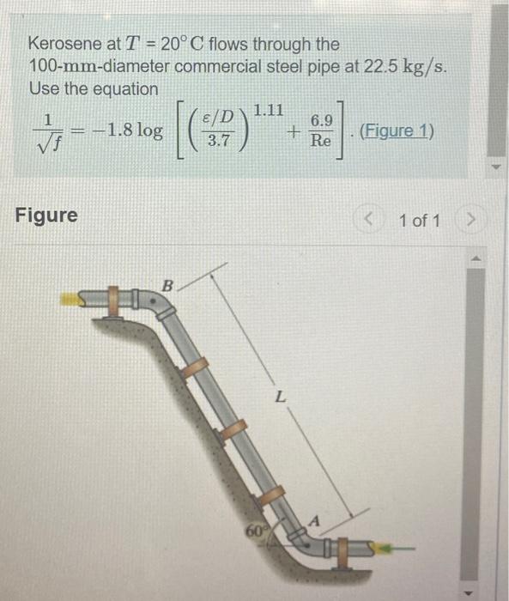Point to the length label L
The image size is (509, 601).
tap(278, 398)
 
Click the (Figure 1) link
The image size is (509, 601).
tap(397, 131)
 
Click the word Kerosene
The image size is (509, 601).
tap(62, 44)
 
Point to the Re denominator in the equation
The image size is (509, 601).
tap(320, 140)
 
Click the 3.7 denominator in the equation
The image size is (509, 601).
tap(220, 141)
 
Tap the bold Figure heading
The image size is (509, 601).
tap(46, 215)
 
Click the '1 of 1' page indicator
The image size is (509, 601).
tap(420, 220)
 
